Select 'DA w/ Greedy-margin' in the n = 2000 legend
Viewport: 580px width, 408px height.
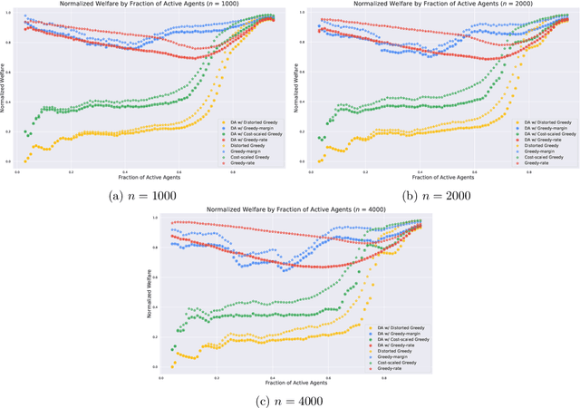click(547, 128)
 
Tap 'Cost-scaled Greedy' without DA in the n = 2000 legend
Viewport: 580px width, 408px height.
click(545, 158)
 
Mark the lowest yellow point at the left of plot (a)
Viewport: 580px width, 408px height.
click(24, 161)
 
